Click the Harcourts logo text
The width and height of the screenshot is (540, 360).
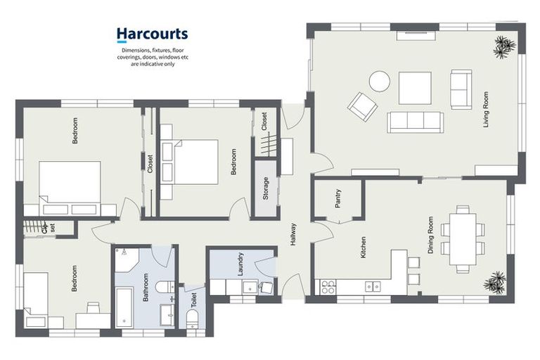tap(152, 34)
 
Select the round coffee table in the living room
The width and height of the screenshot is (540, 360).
tap(380, 82)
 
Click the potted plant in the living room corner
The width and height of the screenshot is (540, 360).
tap(504, 45)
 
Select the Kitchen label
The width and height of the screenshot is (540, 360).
tap(364, 247)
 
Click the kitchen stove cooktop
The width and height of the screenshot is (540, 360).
tap(328, 286)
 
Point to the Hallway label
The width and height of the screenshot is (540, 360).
tap(293, 235)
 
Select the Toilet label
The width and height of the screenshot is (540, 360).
tap(193, 300)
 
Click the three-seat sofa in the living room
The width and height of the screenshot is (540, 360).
tap(416, 122)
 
